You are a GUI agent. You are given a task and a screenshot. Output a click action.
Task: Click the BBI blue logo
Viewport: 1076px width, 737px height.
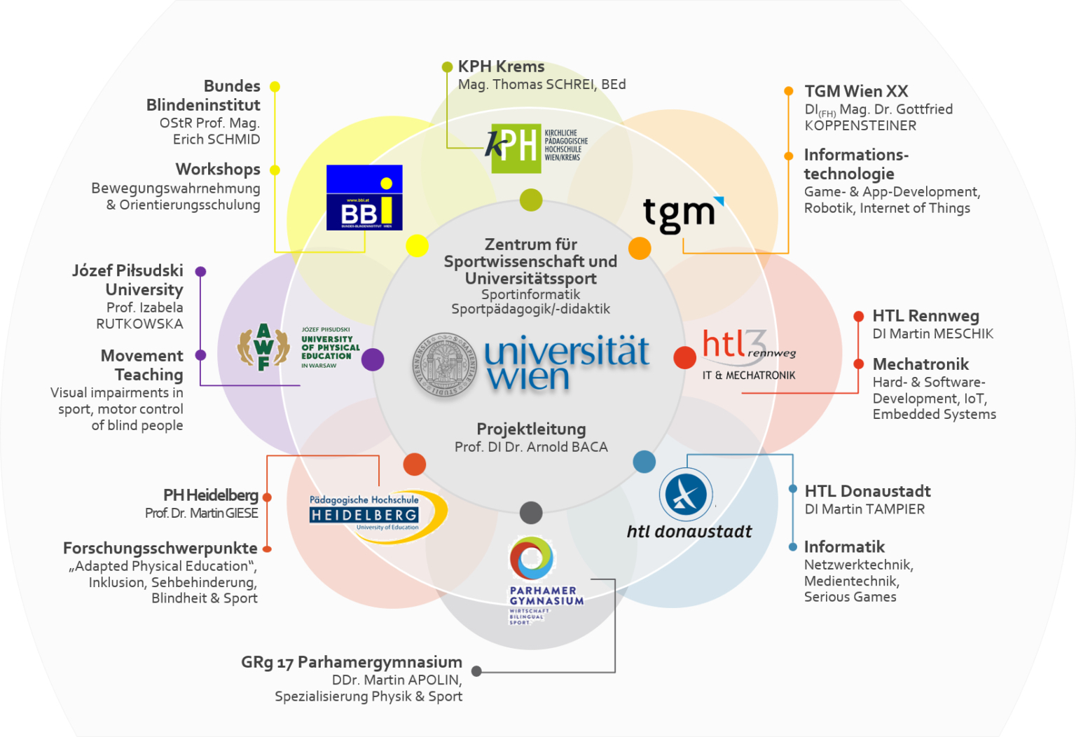coord(364,198)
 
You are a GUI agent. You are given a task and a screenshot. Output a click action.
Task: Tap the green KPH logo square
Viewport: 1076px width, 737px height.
coord(516,148)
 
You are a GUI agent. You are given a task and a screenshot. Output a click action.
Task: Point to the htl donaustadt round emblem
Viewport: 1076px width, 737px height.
coord(686,494)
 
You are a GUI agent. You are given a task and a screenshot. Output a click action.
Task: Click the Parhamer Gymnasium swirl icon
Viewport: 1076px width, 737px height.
coord(531,558)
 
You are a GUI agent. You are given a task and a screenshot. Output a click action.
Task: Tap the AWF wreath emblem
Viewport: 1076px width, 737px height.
coord(263,346)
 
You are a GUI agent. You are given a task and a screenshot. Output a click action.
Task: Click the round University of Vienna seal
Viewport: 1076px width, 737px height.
coord(443,365)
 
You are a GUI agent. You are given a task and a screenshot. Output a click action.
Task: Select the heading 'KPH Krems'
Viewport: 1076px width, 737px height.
coord(501,67)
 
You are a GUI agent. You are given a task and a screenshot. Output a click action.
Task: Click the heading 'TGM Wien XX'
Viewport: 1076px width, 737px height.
coord(856,91)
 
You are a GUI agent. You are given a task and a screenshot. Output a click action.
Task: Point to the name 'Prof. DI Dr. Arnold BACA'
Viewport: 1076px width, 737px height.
coord(531,447)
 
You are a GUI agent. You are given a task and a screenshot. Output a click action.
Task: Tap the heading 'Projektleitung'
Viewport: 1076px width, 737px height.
coord(531,429)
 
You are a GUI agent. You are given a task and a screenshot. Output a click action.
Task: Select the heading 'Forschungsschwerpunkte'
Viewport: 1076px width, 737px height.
coord(160,548)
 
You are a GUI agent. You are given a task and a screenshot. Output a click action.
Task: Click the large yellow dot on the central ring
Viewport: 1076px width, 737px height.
coord(417,246)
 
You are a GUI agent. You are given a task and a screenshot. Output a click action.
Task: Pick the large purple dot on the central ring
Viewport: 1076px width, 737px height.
coord(373,359)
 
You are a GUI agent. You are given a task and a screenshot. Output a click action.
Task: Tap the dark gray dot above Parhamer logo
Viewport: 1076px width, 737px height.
coord(531,513)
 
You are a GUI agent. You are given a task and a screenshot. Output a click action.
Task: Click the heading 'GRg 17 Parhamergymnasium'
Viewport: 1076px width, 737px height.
coord(352,662)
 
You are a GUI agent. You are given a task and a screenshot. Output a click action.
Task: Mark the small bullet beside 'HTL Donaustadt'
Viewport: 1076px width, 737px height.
coord(792,489)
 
